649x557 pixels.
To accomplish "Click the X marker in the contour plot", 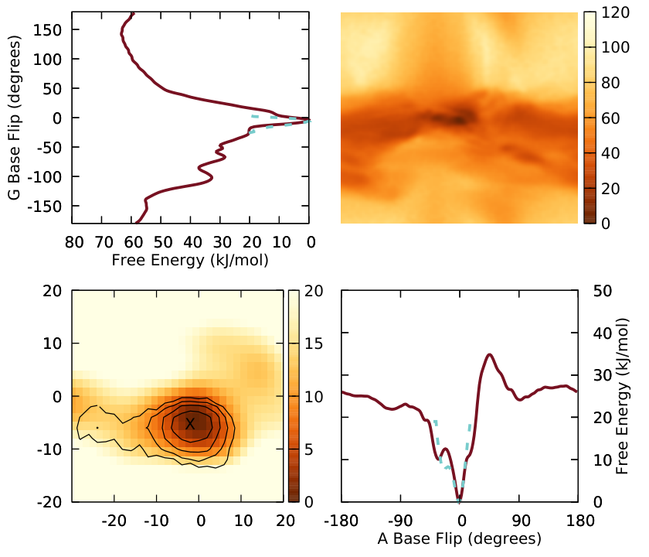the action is [190, 424].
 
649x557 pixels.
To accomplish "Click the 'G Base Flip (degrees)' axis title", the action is [14, 118].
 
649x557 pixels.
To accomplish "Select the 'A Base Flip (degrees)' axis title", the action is [460, 538].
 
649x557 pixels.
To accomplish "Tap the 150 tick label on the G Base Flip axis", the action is [48, 30].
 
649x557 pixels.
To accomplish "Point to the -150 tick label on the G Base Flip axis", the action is [45, 206].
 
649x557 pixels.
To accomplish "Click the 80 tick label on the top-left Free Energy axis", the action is [74, 242].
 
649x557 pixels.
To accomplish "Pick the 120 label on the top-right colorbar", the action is [616, 12].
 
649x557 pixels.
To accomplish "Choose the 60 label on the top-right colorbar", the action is [610, 118].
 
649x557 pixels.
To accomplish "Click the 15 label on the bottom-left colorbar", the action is [314, 343].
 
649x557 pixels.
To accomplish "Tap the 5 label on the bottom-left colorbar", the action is [309, 449].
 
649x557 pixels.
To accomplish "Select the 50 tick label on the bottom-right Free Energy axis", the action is [603, 291].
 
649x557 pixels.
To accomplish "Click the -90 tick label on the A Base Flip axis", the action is [400, 521].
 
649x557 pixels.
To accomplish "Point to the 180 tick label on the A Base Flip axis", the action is [581, 521].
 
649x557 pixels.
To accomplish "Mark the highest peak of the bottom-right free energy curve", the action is [490, 354].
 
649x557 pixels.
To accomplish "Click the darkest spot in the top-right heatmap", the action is [459, 120].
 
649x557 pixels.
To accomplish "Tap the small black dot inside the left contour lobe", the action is [97, 427].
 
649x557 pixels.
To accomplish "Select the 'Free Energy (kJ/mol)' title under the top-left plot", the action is [190, 260].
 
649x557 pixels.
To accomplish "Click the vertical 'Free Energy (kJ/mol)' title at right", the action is [622, 397].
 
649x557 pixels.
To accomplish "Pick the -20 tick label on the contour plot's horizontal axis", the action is [114, 521].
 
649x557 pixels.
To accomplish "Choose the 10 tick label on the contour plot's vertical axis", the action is [53, 343].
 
